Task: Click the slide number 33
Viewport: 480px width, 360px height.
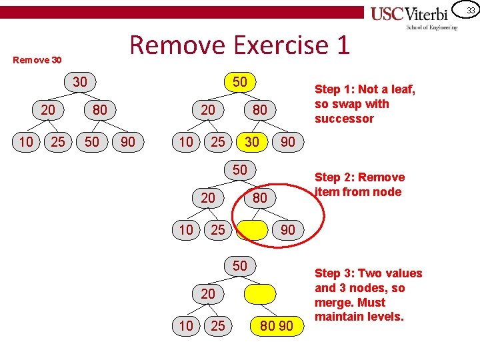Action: (x=470, y=10)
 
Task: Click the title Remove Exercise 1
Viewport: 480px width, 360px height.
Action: (x=239, y=45)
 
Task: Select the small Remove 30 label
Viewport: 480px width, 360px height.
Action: (x=38, y=60)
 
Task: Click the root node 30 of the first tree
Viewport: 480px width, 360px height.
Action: (x=80, y=82)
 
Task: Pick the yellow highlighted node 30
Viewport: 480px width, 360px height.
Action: (x=252, y=141)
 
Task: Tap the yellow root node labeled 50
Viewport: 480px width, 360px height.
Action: (x=240, y=82)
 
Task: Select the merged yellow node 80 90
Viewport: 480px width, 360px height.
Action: (x=277, y=326)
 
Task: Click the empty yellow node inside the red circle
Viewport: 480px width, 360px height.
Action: (x=252, y=230)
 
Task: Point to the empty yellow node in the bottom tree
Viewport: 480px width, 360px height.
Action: (x=260, y=293)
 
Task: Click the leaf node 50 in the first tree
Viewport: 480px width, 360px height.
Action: (x=92, y=141)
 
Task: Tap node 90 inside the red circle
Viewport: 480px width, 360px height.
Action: (x=288, y=230)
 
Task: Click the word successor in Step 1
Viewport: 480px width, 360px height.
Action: (x=344, y=119)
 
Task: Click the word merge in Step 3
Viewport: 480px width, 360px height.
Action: (x=333, y=302)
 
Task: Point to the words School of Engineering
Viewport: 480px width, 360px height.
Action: (x=431, y=27)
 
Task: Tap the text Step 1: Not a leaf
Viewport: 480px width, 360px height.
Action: (x=364, y=89)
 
